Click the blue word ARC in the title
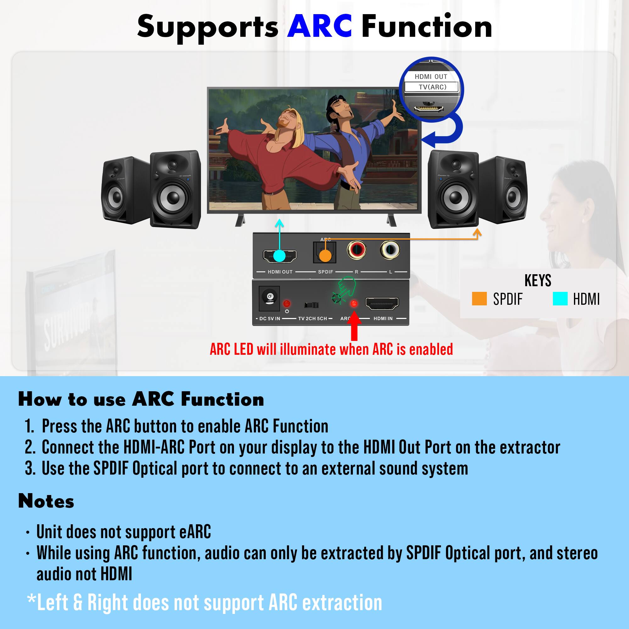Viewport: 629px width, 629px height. point(319,27)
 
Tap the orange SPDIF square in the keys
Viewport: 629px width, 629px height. point(479,299)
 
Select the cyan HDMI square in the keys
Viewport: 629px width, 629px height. point(560,299)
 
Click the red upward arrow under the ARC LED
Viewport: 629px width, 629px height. point(354,326)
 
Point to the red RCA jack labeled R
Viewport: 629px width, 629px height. point(357,250)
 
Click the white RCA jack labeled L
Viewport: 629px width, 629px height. point(390,250)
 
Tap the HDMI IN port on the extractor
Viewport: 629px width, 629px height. point(382,303)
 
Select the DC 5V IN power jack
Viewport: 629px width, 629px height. point(270,298)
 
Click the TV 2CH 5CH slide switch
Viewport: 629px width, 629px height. point(311,305)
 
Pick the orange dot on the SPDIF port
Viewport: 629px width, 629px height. point(325,256)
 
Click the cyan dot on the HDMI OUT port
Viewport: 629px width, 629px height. point(279,256)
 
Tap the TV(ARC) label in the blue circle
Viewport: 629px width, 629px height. point(432,87)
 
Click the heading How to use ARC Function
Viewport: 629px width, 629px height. point(141,399)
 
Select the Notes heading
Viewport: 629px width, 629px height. point(46,501)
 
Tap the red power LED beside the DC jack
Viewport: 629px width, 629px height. point(287,304)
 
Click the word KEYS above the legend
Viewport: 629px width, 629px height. point(537,281)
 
